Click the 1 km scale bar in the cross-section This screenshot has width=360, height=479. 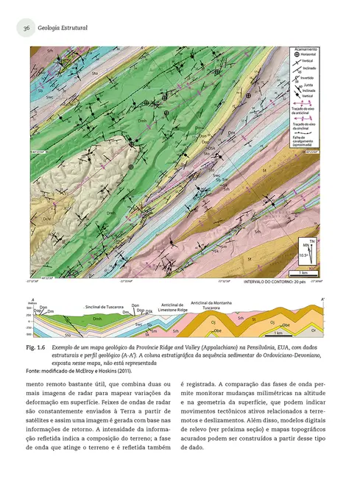tap(279, 333)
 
